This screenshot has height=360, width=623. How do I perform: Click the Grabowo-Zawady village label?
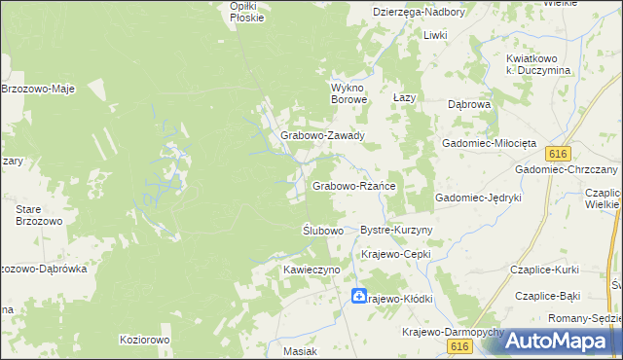click(x=322, y=136)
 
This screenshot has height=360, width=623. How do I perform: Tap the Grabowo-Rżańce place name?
click(x=352, y=186)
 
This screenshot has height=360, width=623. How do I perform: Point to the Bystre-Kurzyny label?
click(x=396, y=230)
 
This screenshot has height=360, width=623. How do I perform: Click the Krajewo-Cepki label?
click(x=395, y=254)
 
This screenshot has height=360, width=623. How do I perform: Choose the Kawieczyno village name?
click(x=311, y=269)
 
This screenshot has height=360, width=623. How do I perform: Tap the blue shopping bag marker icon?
click(x=359, y=296)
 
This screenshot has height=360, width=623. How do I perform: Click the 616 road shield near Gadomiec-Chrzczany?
click(x=558, y=154)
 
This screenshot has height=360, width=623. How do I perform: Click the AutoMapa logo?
click(x=562, y=341)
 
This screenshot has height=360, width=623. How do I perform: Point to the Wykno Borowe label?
click(x=348, y=92)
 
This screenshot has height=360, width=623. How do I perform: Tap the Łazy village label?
click(x=404, y=99)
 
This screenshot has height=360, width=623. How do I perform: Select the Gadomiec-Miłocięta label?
click(x=490, y=142)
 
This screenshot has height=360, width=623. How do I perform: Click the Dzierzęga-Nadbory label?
click(x=420, y=12)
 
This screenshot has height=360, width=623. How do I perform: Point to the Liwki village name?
click(x=434, y=35)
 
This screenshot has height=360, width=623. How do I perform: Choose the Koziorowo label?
click(x=144, y=340)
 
